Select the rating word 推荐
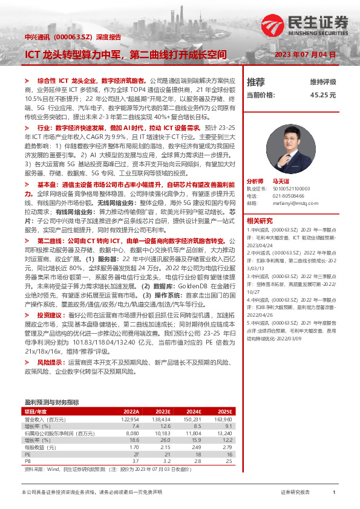256,82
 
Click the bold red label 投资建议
49,316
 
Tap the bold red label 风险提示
49,362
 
